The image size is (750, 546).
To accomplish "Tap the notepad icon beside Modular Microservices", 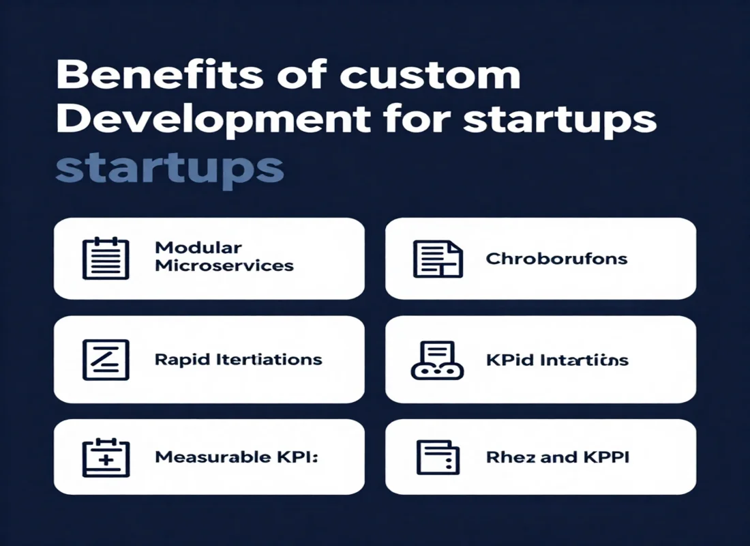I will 105,258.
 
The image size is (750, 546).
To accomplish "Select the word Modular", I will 198,247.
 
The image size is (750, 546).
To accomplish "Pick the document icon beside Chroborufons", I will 438,259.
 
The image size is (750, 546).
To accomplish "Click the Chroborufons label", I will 556,259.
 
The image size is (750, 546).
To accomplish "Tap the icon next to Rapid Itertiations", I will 105,359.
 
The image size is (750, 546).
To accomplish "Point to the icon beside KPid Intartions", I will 438,360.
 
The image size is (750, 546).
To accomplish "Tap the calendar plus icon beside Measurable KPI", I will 105,457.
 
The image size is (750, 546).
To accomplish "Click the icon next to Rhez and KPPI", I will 438,457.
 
